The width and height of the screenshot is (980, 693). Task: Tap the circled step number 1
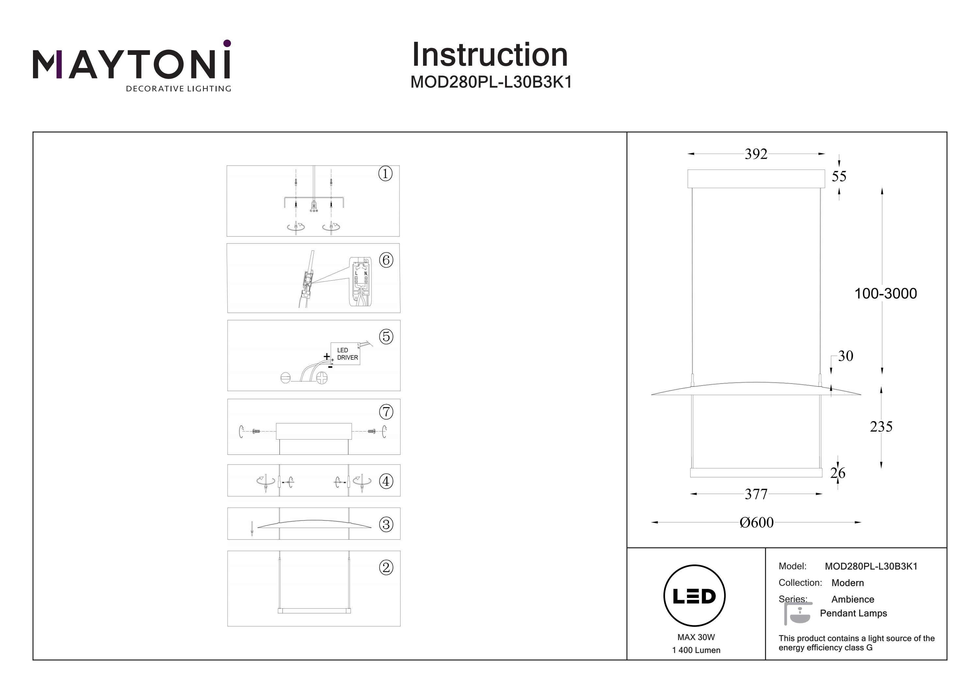pos(385,174)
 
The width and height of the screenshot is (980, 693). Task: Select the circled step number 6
pos(386,260)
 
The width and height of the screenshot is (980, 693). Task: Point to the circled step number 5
pos(386,337)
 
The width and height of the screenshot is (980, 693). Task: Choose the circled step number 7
pos(386,412)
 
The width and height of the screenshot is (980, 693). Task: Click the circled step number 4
pos(386,481)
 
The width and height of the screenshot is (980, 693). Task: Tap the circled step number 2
pos(386,568)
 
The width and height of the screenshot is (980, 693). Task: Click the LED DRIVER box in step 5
pos(345,354)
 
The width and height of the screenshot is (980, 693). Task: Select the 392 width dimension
pos(756,154)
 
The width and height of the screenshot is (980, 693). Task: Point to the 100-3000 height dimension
pos(886,293)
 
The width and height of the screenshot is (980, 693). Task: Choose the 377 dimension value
pos(756,494)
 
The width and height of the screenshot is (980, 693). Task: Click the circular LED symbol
pos(694,596)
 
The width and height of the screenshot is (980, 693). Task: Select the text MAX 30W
pos(696,637)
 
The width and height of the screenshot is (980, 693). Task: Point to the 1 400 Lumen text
pos(696,650)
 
